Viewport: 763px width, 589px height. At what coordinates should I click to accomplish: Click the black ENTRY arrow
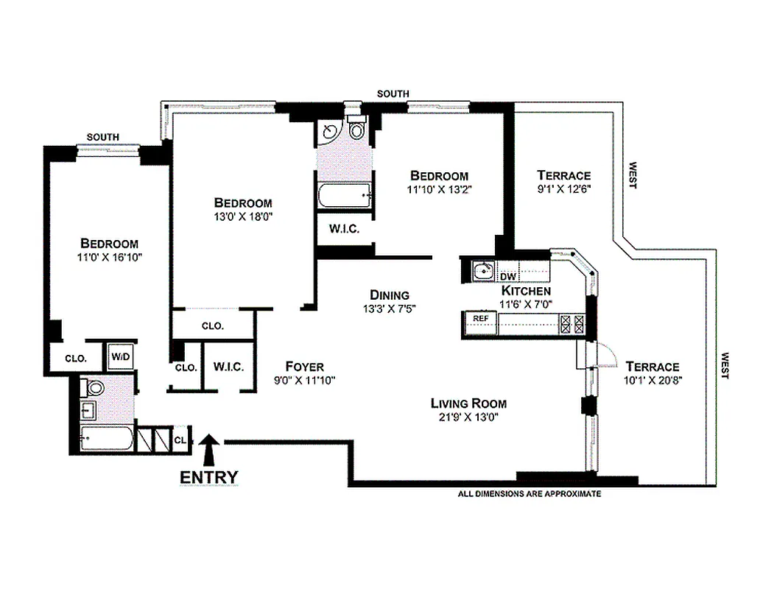point(210,451)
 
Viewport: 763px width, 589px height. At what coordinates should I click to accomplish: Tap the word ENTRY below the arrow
point(209,478)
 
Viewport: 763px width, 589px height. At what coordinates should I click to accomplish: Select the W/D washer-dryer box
point(120,356)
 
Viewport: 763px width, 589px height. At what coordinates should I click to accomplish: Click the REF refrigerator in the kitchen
point(481,322)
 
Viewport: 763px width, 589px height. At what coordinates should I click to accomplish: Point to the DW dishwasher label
point(508,276)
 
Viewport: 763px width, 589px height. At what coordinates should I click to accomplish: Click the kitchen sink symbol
point(484,270)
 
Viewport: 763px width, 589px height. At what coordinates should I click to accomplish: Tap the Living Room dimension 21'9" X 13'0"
point(468,417)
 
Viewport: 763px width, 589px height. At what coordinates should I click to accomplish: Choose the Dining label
point(390,294)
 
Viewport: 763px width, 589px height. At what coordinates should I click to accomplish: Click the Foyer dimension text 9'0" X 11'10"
point(305,381)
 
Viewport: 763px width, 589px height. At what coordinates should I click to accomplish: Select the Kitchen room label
point(526,291)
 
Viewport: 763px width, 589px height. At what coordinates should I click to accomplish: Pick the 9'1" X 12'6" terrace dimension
point(564,188)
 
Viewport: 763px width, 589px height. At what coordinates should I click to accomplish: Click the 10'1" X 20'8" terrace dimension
point(653,380)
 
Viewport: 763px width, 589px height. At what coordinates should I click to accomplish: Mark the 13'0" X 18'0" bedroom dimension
point(243,216)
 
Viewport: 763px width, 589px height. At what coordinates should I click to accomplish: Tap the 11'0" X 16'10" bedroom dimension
point(110,257)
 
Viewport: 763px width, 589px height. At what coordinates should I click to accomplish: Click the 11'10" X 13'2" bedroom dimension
point(440,189)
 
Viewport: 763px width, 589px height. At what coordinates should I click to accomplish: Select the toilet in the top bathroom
point(356,127)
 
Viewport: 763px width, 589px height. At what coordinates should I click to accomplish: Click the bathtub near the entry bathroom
point(107,438)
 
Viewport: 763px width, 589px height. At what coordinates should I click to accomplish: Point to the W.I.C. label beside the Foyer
point(229,366)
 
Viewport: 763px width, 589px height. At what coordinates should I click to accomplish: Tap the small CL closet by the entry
point(180,440)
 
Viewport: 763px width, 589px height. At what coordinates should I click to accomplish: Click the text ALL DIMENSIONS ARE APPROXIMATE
point(530,494)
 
